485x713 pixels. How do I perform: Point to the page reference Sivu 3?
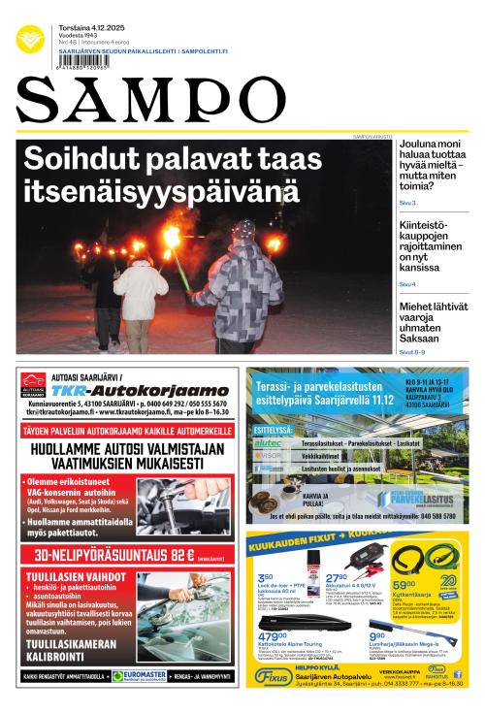click(407, 203)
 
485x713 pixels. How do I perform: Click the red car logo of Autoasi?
click(33, 383)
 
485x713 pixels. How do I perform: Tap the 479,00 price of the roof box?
click(275, 636)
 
